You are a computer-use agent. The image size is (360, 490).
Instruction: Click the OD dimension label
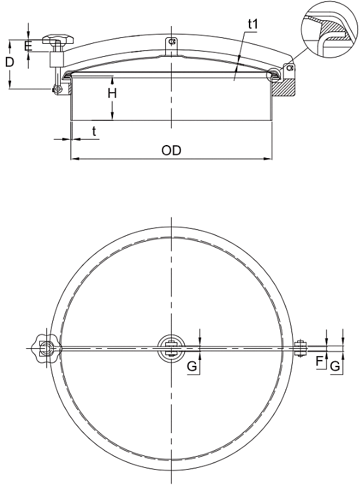pyautogui.click(x=171, y=150)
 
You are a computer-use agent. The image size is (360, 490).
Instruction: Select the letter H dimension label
pyautogui.click(x=112, y=93)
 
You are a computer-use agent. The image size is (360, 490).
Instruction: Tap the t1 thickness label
pyautogui.click(x=253, y=24)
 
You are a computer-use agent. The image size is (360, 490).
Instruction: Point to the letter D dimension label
pyautogui.click(x=10, y=62)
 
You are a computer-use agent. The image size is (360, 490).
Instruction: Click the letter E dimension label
pyautogui.click(x=28, y=46)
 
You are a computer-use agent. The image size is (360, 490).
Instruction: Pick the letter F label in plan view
pyautogui.click(x=319, y=361)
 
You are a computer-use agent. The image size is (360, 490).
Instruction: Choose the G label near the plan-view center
pyautogui.click(x=192, y=366)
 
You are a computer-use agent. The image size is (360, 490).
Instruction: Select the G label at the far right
pyautogui.click(x=335, y=366)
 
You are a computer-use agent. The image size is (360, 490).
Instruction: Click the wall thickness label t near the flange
pyautogui.click(x=94, y=131)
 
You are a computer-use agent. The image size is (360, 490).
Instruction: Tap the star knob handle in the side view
pyautogui.click(x=58, y=39)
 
